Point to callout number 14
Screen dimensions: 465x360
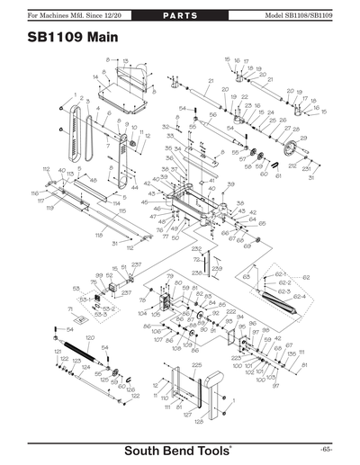click(95, 77)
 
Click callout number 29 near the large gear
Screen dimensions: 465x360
click(303, 138)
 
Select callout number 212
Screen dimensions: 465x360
click(292, 166)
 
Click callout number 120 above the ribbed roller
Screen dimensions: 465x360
click(90, 338)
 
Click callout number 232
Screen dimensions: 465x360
click(197, 248)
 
